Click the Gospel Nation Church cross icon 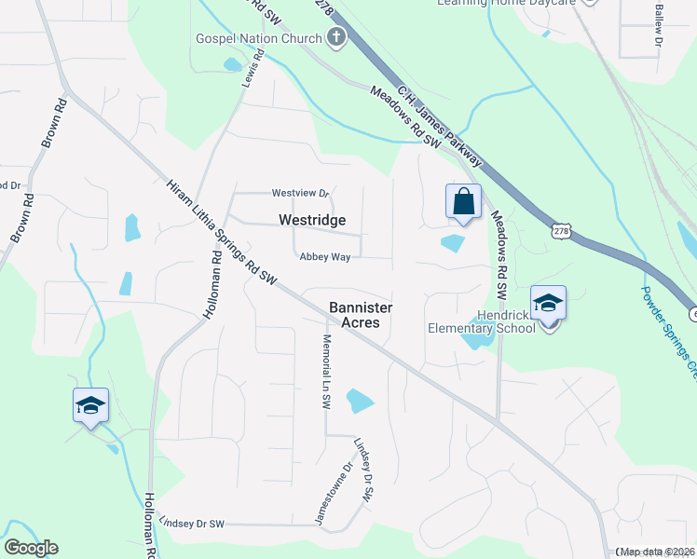point(335,38)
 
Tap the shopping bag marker point(463,201)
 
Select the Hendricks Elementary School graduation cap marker point(548,303)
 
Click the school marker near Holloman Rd point(90,406)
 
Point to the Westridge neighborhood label point(312,221)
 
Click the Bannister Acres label point(361,314)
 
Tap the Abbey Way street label point(324,257)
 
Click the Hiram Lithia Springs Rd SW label point(222,232)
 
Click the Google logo point(31,548)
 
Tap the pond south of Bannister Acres point(360,401)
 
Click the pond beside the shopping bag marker point(452,243)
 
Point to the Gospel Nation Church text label point(258,38)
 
